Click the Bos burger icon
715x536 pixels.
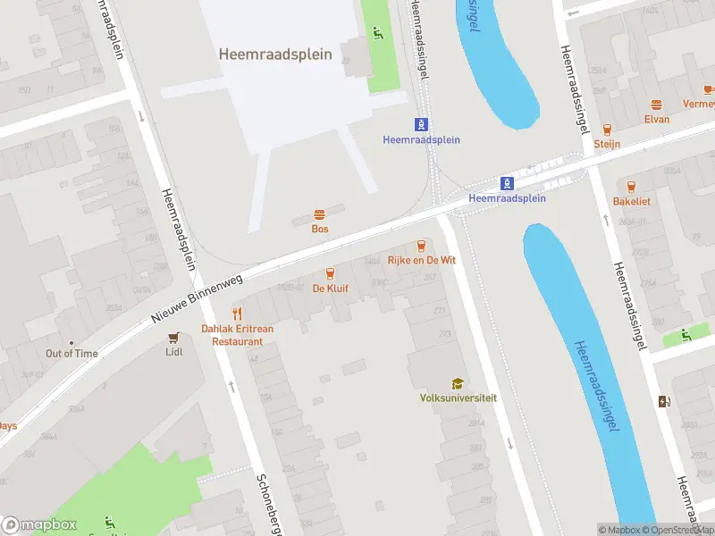click(x=319, y=214)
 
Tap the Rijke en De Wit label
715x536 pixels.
click(x=422, y=260)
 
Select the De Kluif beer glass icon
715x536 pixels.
click(x=330, y=273)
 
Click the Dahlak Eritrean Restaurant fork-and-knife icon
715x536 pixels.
click(x=237, y=314)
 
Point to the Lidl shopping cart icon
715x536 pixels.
click(x=174, y=338)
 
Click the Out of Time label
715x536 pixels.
click(x=71, y=354)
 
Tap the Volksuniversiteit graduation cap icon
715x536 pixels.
click(x=458, y=383)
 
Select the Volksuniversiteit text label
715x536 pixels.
click(x=458, y=398)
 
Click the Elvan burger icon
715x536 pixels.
click(x=657, y=105)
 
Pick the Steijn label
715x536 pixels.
click(x=608, y=144)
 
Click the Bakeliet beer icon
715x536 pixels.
click(x=632, y=187)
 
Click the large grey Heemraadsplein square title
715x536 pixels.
click(x=275, y=54)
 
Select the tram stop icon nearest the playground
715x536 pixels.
click(x=421, y=124)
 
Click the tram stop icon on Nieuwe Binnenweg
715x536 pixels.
click(x=507, y=183)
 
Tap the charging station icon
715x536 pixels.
click(x=664, y=402)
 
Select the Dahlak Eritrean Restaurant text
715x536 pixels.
click(x=237, y=335)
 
